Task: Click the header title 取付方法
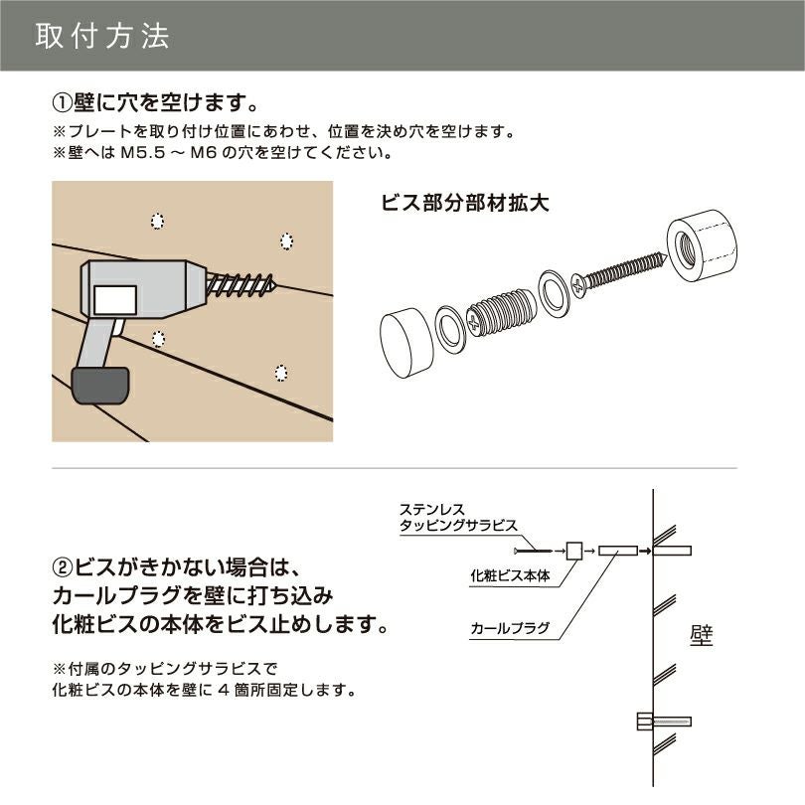click(102, 36)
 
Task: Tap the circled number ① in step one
click(62, 102)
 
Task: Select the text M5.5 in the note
click(139, 154)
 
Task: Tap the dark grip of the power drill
click(99, 385)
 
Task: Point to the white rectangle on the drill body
click(115, 297)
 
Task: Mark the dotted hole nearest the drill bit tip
click(287, 241)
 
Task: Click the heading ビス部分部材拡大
click(465, 202)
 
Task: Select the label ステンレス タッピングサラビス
click(457, 517)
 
